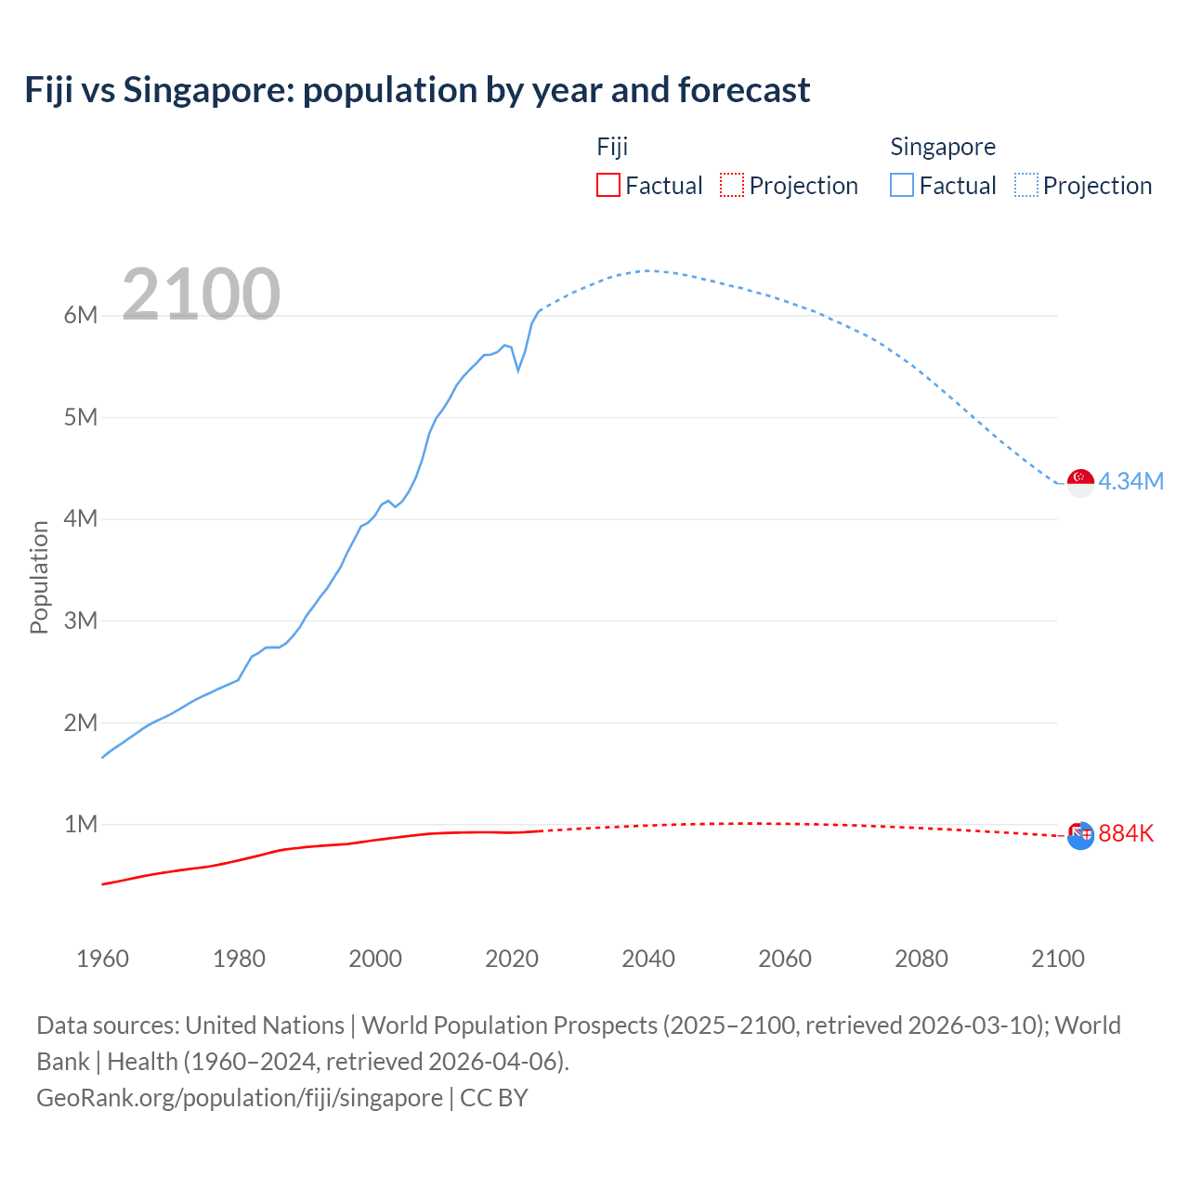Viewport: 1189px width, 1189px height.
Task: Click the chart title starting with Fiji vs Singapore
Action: (x=417, y=90)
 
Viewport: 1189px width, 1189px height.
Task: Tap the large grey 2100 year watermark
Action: (x=201, y=294)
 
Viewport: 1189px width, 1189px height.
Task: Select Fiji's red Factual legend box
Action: (x=608, y=185)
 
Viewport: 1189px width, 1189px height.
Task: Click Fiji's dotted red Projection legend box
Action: (x=732, y=185)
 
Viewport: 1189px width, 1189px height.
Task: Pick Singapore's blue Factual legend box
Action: (x=901, y=185)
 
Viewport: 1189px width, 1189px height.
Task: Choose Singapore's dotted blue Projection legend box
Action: (x=1026, y=185)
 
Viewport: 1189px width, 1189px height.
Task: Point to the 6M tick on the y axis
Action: (x=81, y=315)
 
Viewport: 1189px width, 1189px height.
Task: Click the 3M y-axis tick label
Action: (x=81, y=621)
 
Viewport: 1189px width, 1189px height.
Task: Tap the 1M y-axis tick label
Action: (x=81, y=824)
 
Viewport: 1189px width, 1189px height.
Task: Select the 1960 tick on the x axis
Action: (x=102, y=959)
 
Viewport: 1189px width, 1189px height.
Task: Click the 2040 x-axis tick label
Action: (x=648, y=959)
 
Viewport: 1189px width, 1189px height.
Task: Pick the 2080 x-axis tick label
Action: (x=921, y=959)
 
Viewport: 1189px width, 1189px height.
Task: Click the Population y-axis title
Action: (x=39, y=577)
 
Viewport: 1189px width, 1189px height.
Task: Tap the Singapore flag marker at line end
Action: (x=1080, y=482)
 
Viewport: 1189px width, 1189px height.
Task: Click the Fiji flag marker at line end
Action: (x=1080, y=834)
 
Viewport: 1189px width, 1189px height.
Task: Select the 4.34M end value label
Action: (x=1130, y=481)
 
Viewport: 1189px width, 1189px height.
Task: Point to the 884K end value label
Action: (x=1126, y=833)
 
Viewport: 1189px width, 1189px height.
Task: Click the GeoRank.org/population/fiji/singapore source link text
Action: (x=240, y=1097)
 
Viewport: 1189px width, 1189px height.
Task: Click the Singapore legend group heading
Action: (x=943, y=147)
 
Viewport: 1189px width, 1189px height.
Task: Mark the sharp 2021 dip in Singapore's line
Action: (x=518, y=370)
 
